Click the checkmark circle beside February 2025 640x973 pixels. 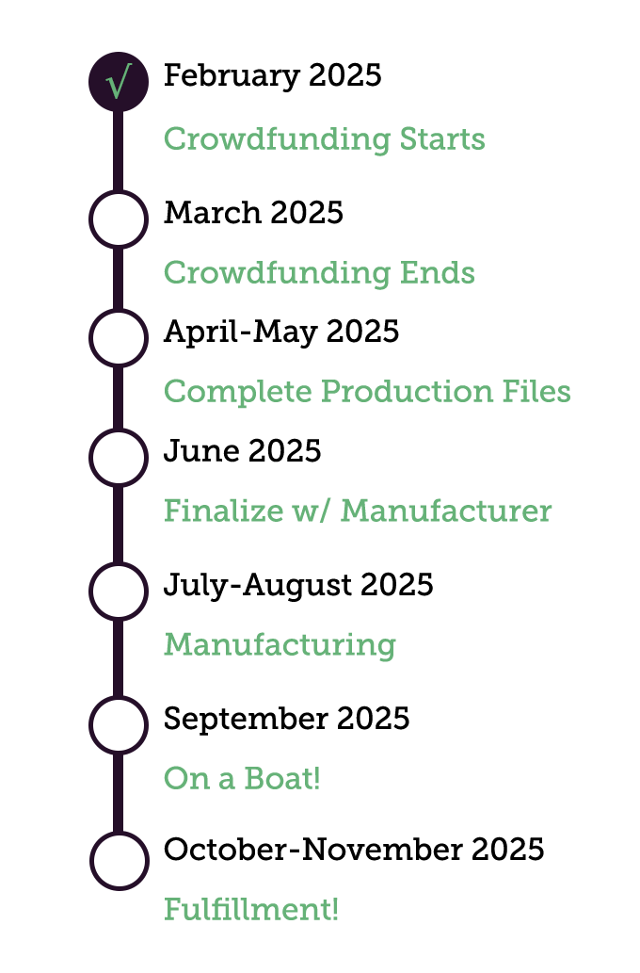pos(118,82)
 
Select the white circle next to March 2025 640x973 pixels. pos(118,219)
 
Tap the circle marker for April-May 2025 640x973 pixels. pos(118,337)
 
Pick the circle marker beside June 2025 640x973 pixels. pos(118,457)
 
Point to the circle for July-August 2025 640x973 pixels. pos(118,591)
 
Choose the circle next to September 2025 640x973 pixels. pos(118,724)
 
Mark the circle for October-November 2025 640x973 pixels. pos(119,860)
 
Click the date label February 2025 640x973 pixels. pos(272,75)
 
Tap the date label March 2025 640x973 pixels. pos(253,213)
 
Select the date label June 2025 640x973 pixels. pos(242,451)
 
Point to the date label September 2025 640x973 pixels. pos(286,719)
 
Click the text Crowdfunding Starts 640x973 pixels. pos(324,138)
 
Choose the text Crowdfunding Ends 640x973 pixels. pos(318,273)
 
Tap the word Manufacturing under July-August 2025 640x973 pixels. pos(280,645)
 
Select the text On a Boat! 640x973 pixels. pos(242,779)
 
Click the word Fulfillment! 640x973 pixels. pos(250,910)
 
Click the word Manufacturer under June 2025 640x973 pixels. pos(446,511)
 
